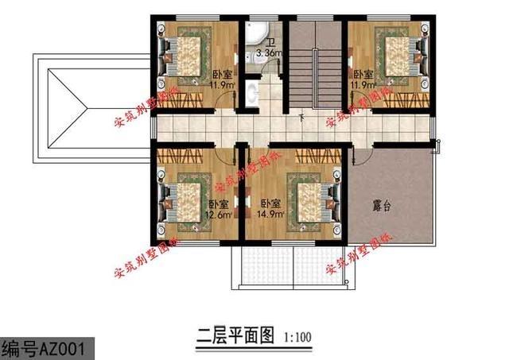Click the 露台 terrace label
coord(383,205)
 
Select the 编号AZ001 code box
coord(48,347)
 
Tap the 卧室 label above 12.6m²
coord(220,203)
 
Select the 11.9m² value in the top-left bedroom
coord(221,83)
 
